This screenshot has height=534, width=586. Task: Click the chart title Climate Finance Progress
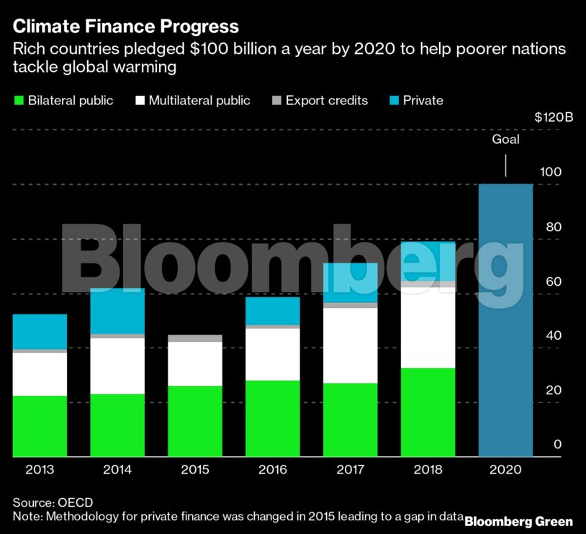pyautogui.click(x=125, y=27)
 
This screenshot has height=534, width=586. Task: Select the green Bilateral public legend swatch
pyautogui.click(x=19, y=101)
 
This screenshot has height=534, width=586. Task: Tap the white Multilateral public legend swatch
pyautogui.click(x=140, y=101)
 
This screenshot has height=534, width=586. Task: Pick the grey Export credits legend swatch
pyautogui.click(x=276, y=101)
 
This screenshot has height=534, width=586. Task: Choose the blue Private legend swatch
pyautogui.click(x=396, y=101)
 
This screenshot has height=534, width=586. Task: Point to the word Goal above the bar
pyautogui.click(x=505, y=140)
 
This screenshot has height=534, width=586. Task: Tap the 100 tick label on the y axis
pyautogui.click(x=551, y=173)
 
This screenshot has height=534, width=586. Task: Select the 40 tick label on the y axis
pyautogui.click(x=551, y=336)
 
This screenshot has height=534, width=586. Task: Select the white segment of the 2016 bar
pyautogui.click(x=273, y=354)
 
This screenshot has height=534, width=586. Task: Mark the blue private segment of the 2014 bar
pyautogui.click(x=117, y=311)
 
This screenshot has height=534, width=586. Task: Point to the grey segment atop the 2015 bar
pyautogui.click(x=195, y=338)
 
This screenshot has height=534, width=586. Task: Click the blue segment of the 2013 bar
pyautogui.click(x=40, y=331)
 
